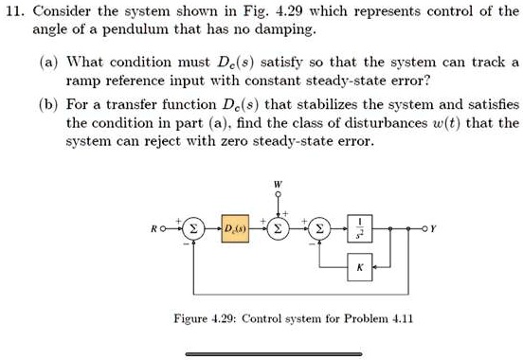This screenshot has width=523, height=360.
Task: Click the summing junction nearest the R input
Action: (x=193, y=227)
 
